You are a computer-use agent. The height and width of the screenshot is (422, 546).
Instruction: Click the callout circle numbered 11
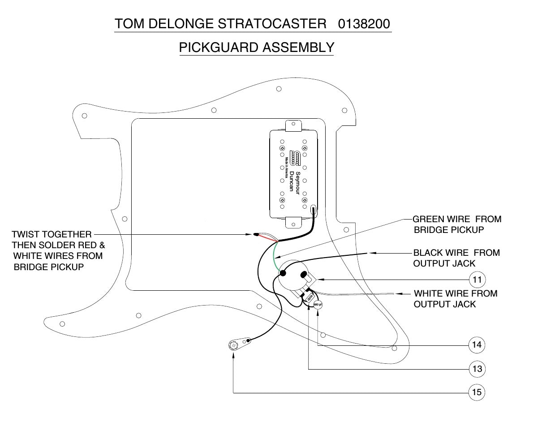[477, 280]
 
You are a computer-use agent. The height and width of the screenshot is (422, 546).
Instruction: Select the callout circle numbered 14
[477, 345]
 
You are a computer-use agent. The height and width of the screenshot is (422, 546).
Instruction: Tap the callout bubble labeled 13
[477, 369]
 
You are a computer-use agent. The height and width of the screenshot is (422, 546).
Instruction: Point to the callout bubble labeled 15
[477, 392]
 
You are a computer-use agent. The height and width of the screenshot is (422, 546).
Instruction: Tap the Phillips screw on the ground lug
[233, 345]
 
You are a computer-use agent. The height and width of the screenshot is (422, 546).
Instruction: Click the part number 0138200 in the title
[364, 24]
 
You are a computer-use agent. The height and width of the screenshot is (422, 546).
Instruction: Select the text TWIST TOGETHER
[52, 234]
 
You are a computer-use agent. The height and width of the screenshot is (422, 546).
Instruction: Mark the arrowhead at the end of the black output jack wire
[371, 253]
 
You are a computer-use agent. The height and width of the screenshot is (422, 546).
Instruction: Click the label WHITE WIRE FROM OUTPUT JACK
[455, 299]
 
